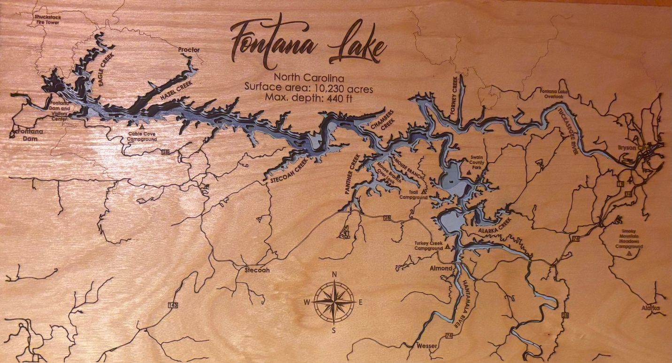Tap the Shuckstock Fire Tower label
47,19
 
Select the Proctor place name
189,50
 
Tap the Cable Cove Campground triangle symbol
141,127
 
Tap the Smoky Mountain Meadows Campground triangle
629,253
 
